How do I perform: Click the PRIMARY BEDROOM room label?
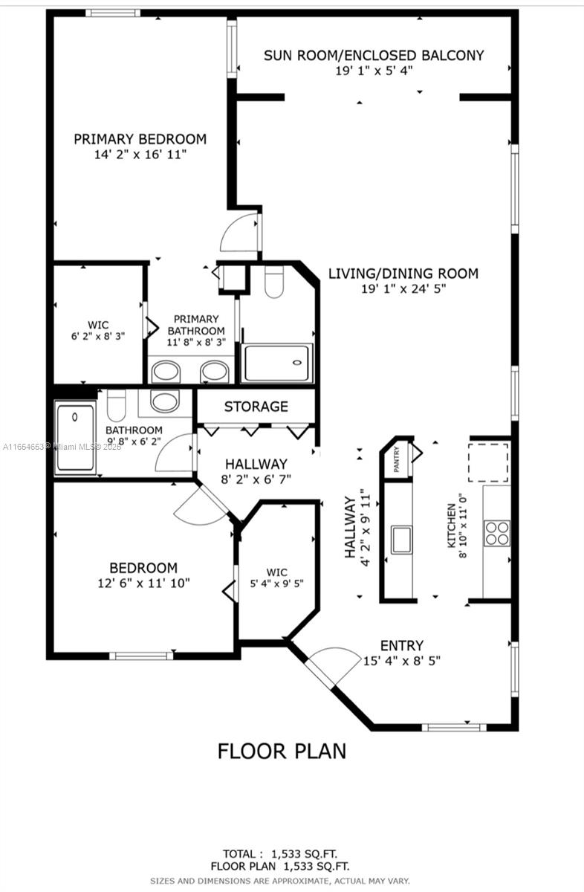[x=140, y=140]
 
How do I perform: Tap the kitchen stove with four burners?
[x=497, y=533]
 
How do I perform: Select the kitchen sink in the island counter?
[x=401, y=540]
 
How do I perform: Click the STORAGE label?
[x=256, y=407]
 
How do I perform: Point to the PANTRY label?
[x=397, y=459]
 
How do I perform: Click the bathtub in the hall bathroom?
[x=75, y=437]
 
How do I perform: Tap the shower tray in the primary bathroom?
[x=277, y=363]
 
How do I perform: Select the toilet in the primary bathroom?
[x=274, y=282]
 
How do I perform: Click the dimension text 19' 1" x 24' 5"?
[x=403, y=288]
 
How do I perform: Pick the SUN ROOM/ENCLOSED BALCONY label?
[x=374, y=55]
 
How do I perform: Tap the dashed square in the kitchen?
[x=488, y=462]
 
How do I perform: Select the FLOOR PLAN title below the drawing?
[x=282, y=751]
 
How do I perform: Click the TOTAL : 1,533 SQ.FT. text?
[x=280, y=854]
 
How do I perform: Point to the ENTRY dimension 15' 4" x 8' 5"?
[x=402, y=661]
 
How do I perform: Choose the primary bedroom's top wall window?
[x=113, y=13]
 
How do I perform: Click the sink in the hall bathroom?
[x=165, y=401]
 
